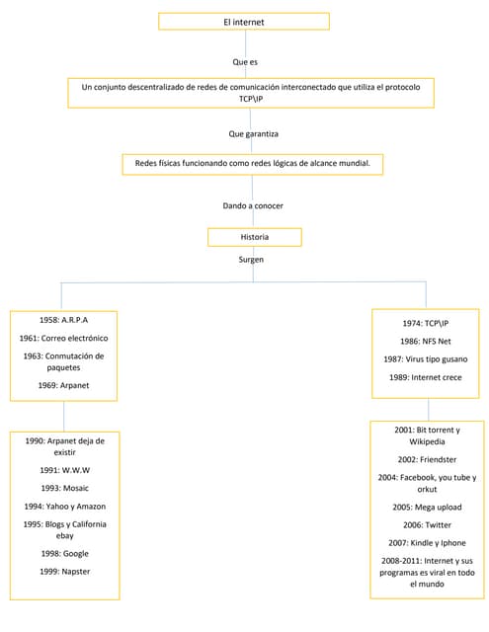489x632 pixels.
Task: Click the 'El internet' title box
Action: [x=244, y=21]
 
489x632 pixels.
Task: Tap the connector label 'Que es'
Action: [x=245, y=61]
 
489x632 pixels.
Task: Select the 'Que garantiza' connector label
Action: [x=253, y=132]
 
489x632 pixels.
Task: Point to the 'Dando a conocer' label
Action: [x=253, y=205]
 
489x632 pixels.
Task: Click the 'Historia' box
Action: [x=254, y=237]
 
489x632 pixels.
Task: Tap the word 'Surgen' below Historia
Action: [x=252, y=260]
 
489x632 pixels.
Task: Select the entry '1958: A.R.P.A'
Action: [x=64, y=321]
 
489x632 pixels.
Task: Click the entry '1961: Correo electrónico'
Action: [x=64, y=338]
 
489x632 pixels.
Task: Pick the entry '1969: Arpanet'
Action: [x=64, y=385]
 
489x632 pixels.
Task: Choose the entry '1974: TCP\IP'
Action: [x=426, y=323]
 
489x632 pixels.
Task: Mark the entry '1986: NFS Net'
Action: [x=426, y=341]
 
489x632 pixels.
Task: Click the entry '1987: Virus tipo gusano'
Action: [x=426, y=358]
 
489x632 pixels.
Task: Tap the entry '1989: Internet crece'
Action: [x=426, y=377]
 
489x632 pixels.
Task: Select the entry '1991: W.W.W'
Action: [x=65, y=470]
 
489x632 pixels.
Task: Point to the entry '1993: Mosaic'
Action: [x=65, y=488]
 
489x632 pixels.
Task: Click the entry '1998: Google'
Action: [x=65, y=553]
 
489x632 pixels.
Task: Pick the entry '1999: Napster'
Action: [x=65, y=571]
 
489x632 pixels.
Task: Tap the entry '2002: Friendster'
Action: [x=426, y=459]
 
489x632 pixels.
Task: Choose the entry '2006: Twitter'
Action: [x=426, y=524]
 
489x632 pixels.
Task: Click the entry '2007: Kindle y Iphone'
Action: [x=426, y=542]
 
